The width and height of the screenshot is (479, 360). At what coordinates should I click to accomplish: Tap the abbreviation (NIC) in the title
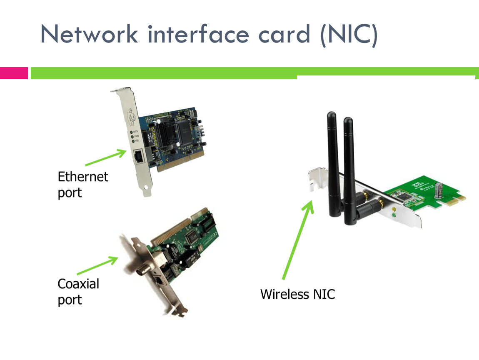point(349,34)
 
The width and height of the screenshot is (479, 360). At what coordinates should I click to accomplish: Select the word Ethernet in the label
point(83,177)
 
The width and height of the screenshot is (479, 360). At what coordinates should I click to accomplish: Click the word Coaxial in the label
point(78,284)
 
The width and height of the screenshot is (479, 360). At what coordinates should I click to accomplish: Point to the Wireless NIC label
point(297,294)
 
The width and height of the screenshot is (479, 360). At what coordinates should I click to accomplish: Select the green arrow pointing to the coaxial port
point(97,265)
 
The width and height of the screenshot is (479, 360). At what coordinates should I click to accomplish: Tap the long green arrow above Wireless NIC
point(298,240)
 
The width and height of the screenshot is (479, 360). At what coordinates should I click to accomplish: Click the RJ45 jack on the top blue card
point(138,156)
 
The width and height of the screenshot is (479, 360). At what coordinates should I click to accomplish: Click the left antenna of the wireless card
point(333,162)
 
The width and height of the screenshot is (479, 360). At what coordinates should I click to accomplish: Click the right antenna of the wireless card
point(349,167)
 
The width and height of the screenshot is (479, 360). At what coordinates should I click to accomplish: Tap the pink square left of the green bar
point(14,73)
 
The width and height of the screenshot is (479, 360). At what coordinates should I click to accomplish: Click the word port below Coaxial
point(70,300)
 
